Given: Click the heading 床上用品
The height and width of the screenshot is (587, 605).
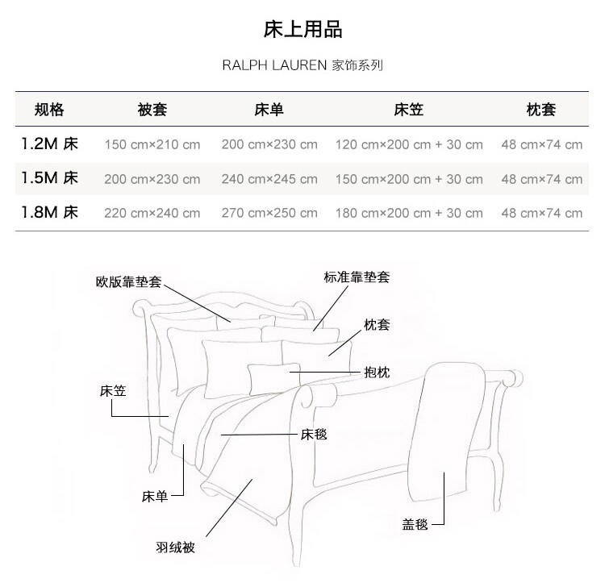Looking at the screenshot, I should click(x=302, y=30).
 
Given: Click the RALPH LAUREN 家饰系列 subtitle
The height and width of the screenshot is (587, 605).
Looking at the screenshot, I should click(x=302, y=65).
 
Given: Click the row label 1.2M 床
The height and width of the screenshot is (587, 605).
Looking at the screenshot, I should click(x=50, y=144).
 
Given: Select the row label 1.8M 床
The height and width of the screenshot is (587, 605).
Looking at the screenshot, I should click(x=50, y=213).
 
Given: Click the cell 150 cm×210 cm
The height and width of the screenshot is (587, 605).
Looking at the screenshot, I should click(x=152, y=145).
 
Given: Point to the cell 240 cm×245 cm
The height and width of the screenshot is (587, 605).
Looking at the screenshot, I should click(x=269, y=179).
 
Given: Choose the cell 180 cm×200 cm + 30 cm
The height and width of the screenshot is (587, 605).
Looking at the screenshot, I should click(x=409, y=214).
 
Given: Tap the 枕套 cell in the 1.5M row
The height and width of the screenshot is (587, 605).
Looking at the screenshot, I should click(x=541, y=179).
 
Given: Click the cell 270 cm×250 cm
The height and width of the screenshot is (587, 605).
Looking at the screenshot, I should click(x=269, y=214).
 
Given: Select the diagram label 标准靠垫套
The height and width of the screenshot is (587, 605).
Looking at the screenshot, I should click(x=357, y=277).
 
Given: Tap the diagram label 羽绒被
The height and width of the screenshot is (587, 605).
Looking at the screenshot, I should click(x=175, y=547).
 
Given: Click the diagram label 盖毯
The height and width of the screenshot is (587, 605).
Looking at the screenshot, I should click(x=415, y=524).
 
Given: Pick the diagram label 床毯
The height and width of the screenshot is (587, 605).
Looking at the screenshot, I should click(x=314, y=434).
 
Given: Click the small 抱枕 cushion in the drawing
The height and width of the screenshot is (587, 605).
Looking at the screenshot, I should click(x=273, y=377).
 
